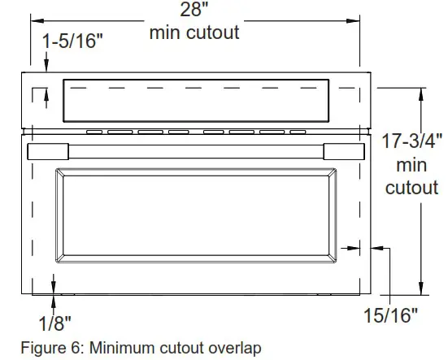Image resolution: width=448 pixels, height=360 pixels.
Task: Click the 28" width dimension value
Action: [194, 11]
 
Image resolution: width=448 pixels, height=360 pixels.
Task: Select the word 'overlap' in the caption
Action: [235, 349]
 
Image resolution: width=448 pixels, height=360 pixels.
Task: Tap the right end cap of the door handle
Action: [345, 152]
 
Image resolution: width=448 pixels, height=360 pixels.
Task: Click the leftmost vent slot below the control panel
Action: [94, 131]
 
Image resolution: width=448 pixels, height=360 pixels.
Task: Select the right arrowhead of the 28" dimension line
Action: [355, 15]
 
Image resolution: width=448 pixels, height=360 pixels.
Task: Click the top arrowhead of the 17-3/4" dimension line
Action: [420, 92]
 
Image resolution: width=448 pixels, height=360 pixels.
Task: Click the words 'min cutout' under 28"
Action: [194, 33]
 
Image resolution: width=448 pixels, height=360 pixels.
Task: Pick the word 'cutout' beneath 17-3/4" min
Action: [411, 189]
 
